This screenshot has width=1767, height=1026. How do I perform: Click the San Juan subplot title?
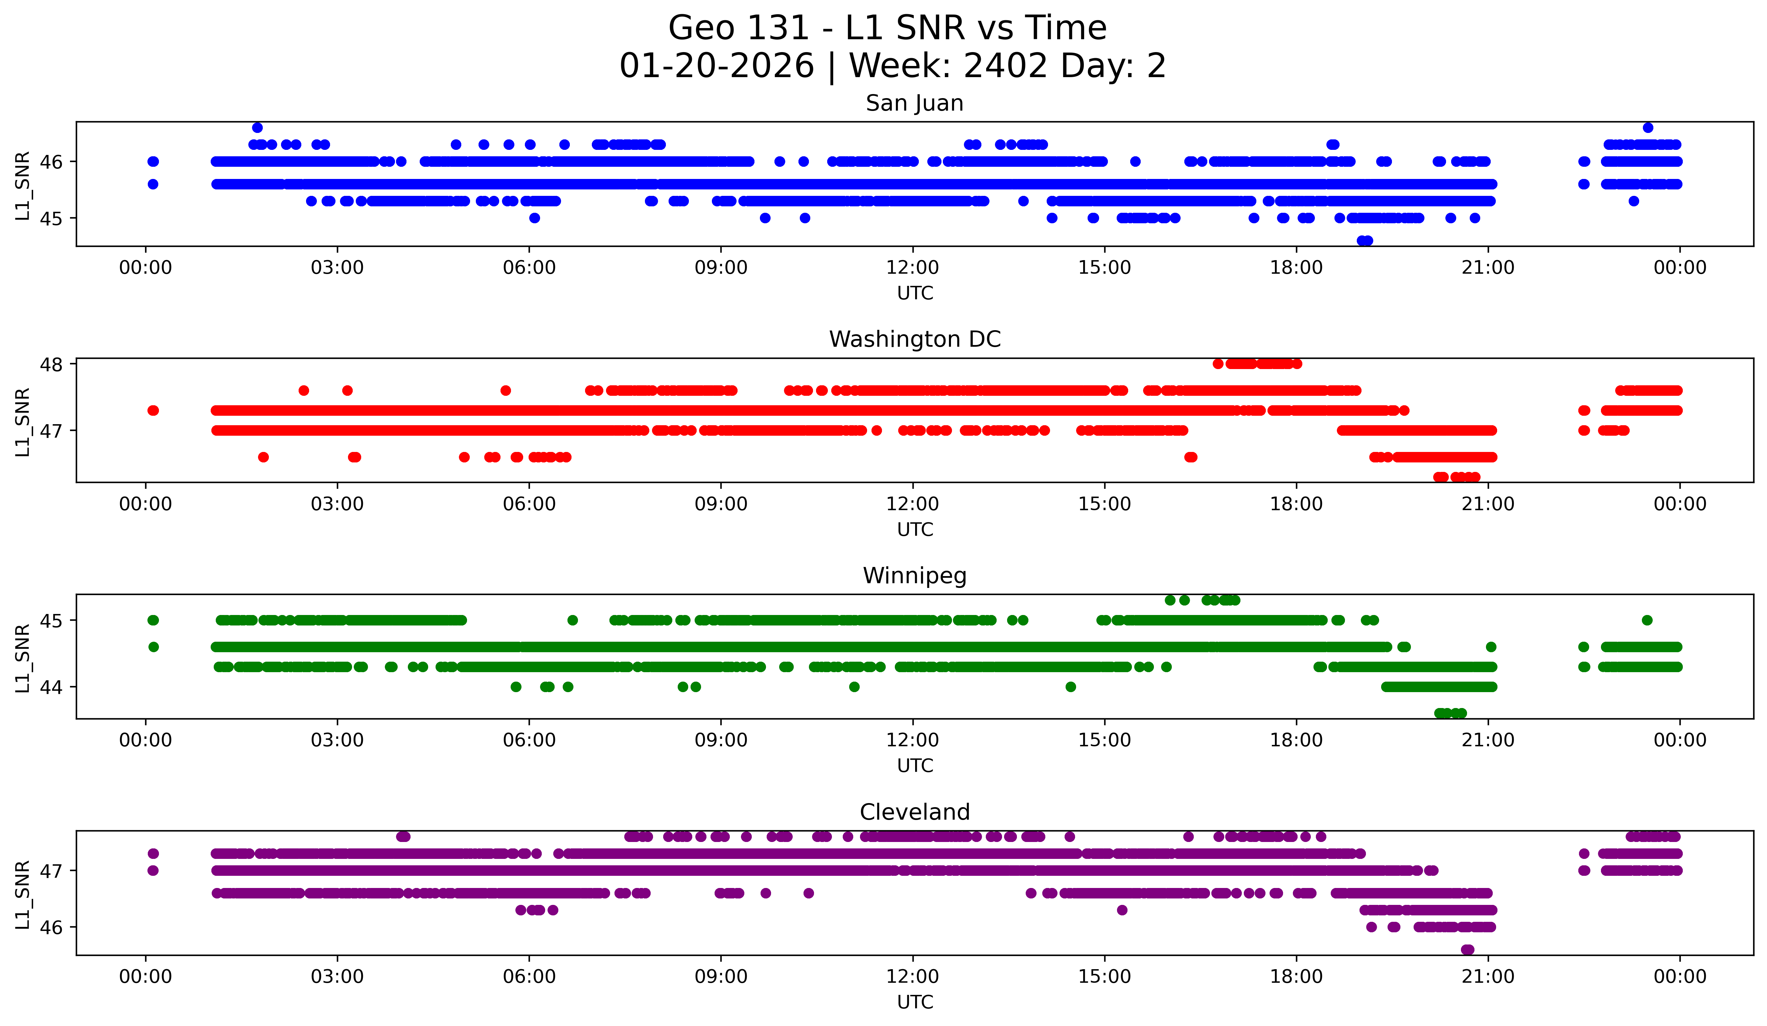pos(914,103)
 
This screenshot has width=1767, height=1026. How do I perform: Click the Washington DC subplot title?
pos(914,339)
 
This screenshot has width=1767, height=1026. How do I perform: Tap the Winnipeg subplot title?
pos(914,576)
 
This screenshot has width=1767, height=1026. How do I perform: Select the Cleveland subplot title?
pos(914,812)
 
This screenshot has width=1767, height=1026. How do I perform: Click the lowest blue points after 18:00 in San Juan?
pos(1365,241)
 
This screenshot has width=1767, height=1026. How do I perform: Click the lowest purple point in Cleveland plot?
pos(1468,950)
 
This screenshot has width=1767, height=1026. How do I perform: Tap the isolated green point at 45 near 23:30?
pos(1647,620)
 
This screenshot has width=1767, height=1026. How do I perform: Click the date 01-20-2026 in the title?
pos(717,66)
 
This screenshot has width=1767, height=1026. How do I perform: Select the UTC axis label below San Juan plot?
pos(914,293)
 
